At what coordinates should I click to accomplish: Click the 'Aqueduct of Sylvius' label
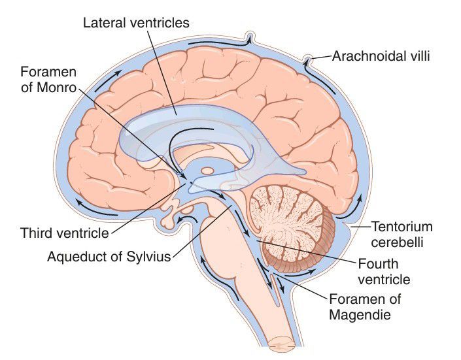109,256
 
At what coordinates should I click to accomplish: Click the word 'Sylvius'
150,256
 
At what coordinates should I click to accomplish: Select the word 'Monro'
54,86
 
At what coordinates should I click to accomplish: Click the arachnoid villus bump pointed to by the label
307,61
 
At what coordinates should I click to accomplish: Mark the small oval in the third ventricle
207,171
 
